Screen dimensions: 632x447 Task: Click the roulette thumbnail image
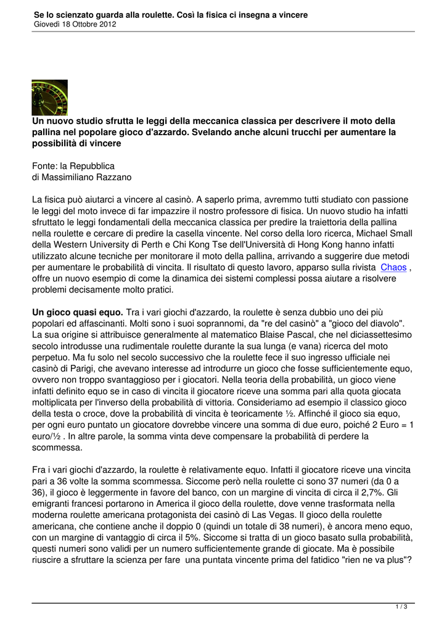point(49,98)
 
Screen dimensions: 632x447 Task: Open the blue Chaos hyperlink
point(393,267)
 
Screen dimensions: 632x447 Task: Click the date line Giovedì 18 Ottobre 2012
point(75,24)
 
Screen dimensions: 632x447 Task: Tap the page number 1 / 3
point(401,607)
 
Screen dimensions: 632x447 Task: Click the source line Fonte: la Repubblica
point(73,166)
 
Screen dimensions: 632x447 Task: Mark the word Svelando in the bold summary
point(204,132)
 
